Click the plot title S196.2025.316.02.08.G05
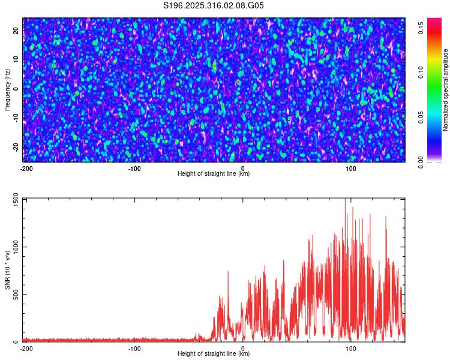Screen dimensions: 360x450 214,5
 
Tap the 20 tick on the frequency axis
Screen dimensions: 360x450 16,29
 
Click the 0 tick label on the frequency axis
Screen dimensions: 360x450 16,88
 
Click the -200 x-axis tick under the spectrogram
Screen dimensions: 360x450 26,168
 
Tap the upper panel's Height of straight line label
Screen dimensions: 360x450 214,174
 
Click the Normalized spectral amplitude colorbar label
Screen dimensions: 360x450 446,90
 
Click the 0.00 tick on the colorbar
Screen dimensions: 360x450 421,162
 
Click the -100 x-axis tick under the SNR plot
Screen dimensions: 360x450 134,348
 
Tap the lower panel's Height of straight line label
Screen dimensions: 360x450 214,354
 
